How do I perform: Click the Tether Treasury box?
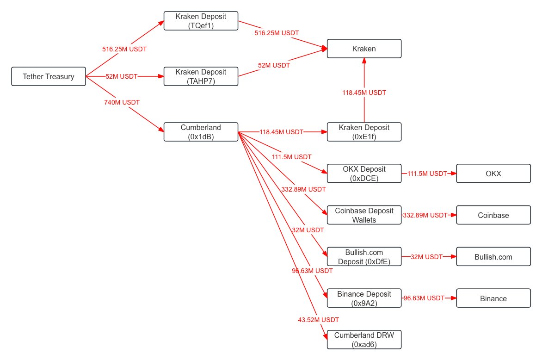pos(49,76)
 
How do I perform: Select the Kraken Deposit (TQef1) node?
pos(201,21)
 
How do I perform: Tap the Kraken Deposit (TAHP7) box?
pos(201,76)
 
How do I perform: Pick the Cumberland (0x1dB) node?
pos(201,132)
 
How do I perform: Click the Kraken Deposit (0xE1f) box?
pos(364,132)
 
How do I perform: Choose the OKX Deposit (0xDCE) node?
pos(364,174)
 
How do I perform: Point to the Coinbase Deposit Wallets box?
pos(364,215)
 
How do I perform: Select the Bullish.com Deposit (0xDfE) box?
pos(364,257)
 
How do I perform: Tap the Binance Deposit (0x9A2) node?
pos(364,298)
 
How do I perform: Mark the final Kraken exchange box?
pos(364,49)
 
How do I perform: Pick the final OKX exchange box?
pos(493,174)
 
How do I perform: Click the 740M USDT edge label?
pos(122,102)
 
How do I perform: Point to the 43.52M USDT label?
pos(318,320)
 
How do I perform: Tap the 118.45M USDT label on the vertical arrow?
pos(364,93)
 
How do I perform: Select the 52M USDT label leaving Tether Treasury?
pos(121,76)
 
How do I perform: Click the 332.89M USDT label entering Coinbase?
pos(425,215)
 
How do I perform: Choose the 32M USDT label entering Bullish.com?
pos(426,257)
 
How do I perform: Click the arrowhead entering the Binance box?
pos(453,298)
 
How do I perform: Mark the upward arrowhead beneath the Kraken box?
pos(364,61)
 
